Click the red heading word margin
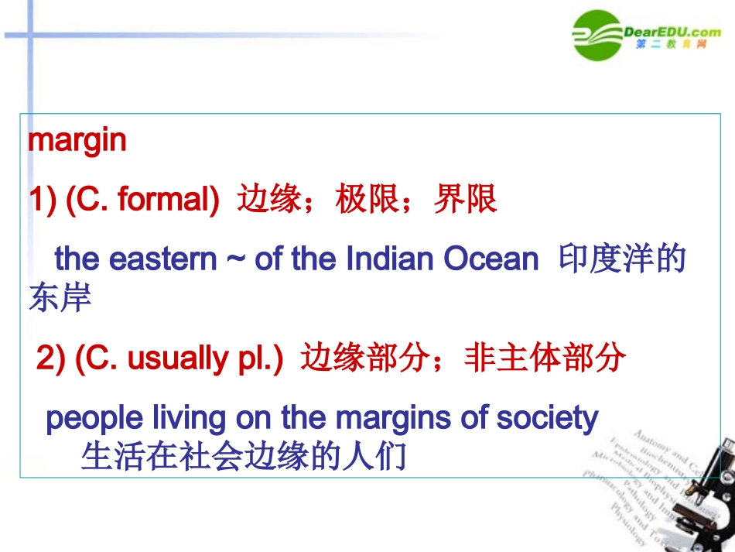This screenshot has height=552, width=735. (77, 141)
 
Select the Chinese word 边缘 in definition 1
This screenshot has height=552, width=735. (268, 201)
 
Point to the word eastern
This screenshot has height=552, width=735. (163, 259)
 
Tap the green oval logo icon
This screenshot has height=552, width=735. (597, 35)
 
